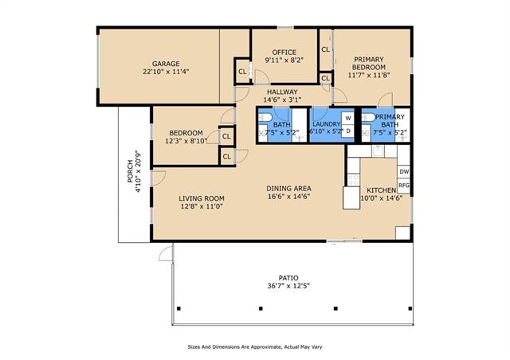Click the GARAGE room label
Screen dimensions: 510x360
pos(166,64)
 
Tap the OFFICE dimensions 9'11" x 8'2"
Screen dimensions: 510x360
pos(284,61)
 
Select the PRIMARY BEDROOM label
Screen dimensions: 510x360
pos(369,64)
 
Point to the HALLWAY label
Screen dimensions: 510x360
pos(282,92)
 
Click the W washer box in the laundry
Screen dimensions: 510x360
pos(348,118)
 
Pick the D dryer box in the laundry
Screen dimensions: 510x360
pos(348,131)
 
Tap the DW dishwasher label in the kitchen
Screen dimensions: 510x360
pos(404,172)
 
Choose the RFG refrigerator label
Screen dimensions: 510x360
pos(404,186)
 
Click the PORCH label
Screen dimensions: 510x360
pos(130,171)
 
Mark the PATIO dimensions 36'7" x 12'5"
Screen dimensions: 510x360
pos(288,286)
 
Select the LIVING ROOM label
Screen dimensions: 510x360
pos(202,198)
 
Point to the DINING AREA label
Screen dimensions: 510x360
pos(288,188)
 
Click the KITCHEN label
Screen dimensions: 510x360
pos(381,190)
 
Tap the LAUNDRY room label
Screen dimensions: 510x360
pos(326,124)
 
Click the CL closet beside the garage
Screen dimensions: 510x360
pos(242,72)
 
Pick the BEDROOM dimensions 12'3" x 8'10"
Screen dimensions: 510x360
pos(186,141)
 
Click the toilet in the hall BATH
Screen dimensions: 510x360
pos(265,117)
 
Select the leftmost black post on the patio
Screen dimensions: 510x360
pos(178,308)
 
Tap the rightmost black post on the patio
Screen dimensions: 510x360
pos(410,308)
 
